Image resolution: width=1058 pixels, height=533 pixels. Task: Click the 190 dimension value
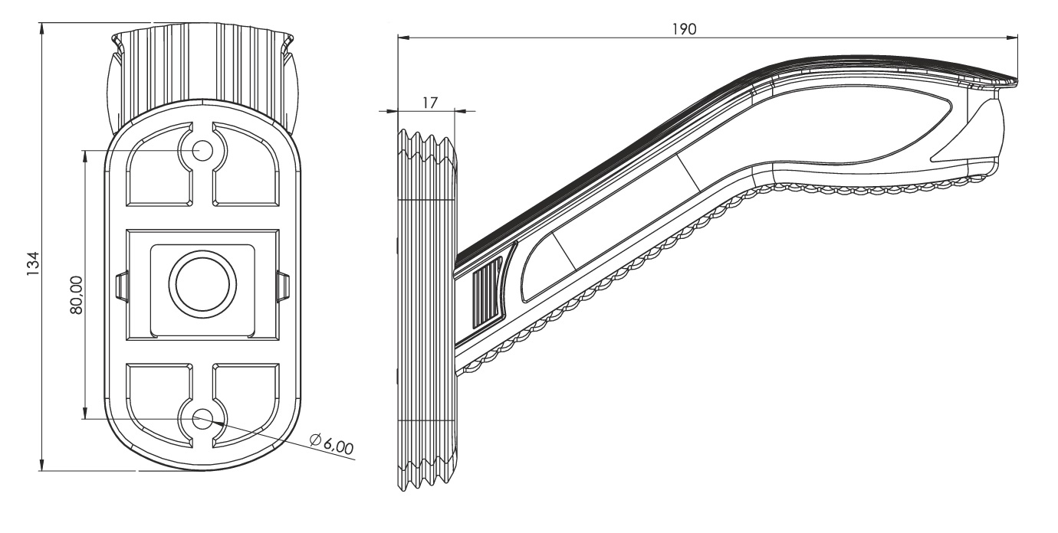tap(684, 29)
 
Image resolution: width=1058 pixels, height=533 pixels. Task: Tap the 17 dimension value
tap(429, 103)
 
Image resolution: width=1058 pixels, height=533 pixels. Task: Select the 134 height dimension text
tap(33, 264)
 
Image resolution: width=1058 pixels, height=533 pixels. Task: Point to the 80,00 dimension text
tap(76, 296)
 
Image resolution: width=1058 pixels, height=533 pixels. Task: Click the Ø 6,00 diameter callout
tap(331, 444)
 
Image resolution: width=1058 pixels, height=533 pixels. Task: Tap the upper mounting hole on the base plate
tap(202, 150)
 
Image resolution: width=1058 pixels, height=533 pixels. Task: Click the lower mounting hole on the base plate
tap(202, 420)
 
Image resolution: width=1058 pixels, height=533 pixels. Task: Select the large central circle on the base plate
tap(202, 284)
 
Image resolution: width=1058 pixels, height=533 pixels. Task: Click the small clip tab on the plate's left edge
tap(122, 286)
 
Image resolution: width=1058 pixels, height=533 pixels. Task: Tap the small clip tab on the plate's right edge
tap(284, 286)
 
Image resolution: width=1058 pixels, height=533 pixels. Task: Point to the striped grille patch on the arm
tap(487, 295)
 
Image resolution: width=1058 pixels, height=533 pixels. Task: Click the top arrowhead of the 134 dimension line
tap(42, 28)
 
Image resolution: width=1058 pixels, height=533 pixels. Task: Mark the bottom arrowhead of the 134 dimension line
tap(42, 465)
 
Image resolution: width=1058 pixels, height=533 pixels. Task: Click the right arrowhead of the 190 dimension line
tap(1011, 38)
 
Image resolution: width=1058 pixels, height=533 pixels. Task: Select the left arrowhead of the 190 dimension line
tap(404, 38)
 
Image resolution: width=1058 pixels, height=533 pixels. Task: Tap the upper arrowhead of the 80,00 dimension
tap(85, 156)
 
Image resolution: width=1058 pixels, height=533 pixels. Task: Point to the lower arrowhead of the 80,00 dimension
tap(85, 414)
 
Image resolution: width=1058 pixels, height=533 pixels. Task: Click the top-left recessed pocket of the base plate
tap(159, 164)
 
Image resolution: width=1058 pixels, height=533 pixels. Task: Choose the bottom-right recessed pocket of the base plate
tap(246, 404)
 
